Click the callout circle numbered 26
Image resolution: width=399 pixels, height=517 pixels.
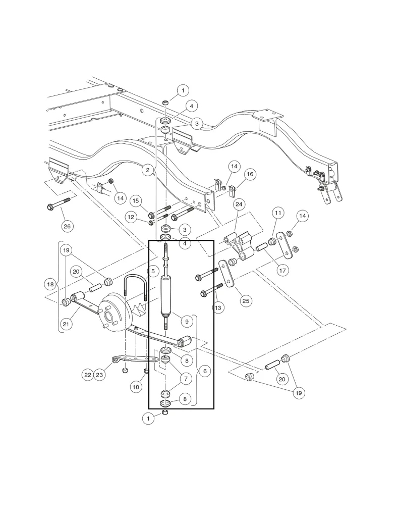67,226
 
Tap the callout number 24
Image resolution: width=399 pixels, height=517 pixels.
239,204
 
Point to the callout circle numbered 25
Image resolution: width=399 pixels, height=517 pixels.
245,301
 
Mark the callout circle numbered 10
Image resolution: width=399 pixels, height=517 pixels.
135,387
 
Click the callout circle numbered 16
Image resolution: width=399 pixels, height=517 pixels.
250,174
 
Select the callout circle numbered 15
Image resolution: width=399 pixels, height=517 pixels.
136,201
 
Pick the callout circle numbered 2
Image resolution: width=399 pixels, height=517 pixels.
148,171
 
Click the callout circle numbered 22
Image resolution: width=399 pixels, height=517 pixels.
87,375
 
